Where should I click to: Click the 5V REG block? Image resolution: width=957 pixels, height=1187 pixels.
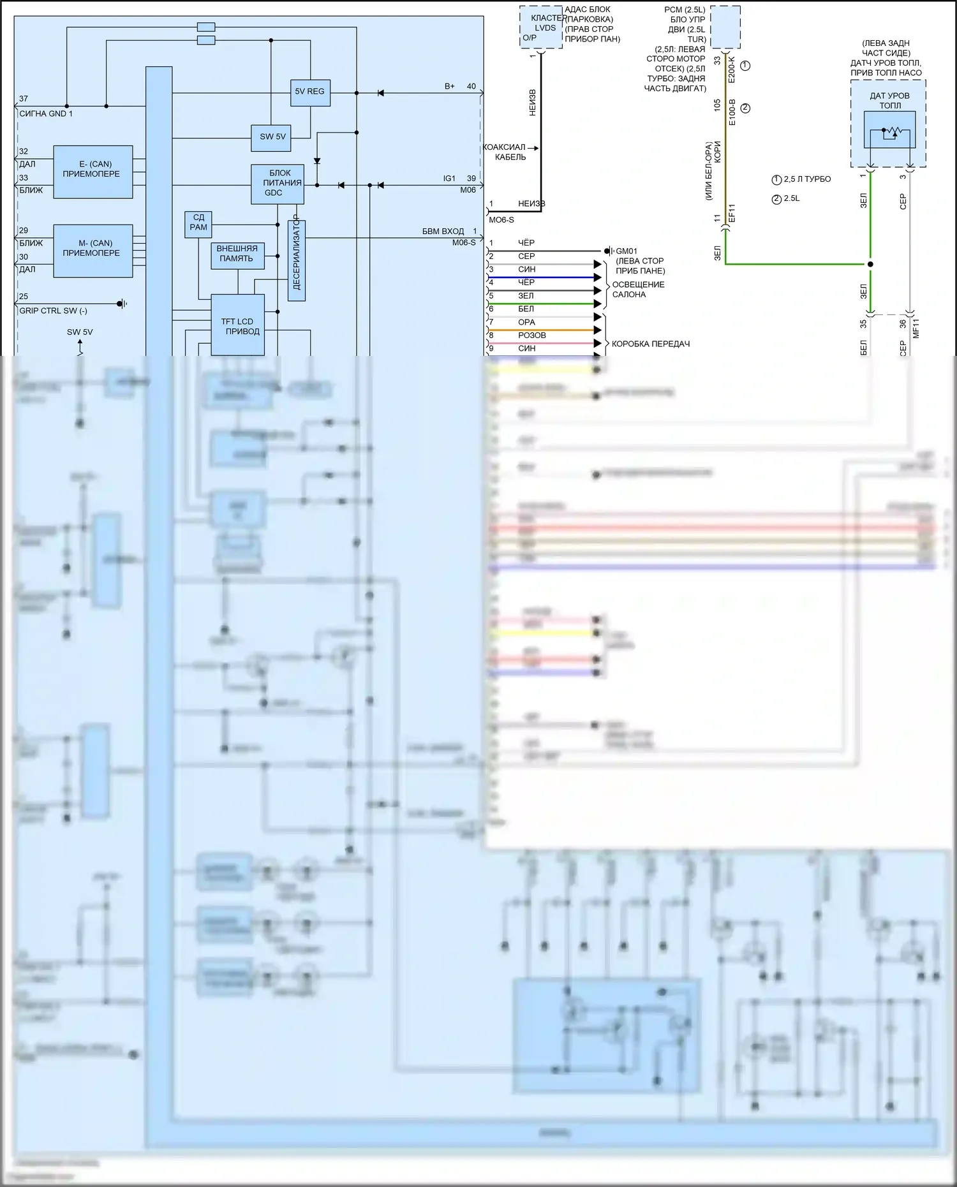pyautogui.click(x=309, y=92)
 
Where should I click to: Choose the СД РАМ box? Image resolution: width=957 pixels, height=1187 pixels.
pyautogui.click(x=198, y=223)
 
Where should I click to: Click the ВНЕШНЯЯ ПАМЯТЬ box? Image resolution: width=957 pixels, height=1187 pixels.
pyautogui.click(x=237, y=254)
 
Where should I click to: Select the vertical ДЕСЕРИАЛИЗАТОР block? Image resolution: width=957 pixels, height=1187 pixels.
pyautogui.click(x=297, y=260)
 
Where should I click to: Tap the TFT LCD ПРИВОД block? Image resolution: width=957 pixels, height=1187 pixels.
pyautogui.click(x=237, y=325)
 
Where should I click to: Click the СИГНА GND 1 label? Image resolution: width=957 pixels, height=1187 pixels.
pyautogui.click(x=46, y=114)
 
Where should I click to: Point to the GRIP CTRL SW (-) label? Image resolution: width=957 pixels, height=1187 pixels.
pyautogui.click(x=54, y=311)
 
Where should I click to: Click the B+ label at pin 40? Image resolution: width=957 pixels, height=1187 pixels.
pyautogui.click(x=450, y=86)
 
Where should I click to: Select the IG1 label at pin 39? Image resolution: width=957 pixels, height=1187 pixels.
pyautogui.click(x=450, y=179)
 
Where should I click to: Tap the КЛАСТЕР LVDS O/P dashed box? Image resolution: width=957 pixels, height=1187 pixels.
pyautogui.click(x=540, y=27)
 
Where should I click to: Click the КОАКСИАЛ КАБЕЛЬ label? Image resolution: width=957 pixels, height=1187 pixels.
pyautogui.click(x=505, y=152)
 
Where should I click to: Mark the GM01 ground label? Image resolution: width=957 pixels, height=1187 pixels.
pyautogui.click(x=626, y=251)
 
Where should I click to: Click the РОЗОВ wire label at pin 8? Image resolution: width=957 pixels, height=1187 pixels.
pyautogui.click(x=531, y=335)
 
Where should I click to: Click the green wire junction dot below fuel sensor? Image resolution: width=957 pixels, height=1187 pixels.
pyautogui.click(x=870, y=264)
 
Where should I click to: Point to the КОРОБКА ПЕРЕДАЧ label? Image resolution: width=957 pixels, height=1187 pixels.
pyautogui.click(x=650, y=344)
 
